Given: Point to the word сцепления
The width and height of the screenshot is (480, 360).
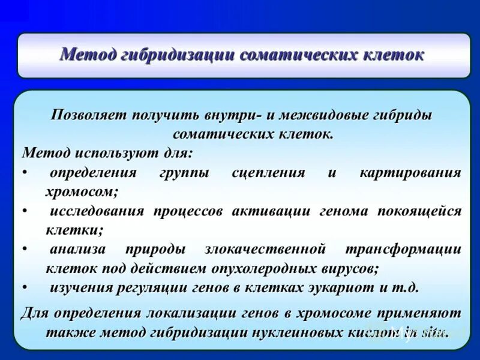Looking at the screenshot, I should pos(268,173).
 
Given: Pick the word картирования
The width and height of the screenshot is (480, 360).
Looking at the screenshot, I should pos(410,173).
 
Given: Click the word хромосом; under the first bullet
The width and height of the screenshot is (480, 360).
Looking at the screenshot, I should pos(82,192).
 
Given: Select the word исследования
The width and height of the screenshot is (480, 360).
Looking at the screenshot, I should pos(97,211).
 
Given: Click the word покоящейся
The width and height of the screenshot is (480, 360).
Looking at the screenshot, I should pos(419,211).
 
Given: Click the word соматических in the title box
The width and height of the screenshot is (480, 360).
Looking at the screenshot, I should pos(291,55).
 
